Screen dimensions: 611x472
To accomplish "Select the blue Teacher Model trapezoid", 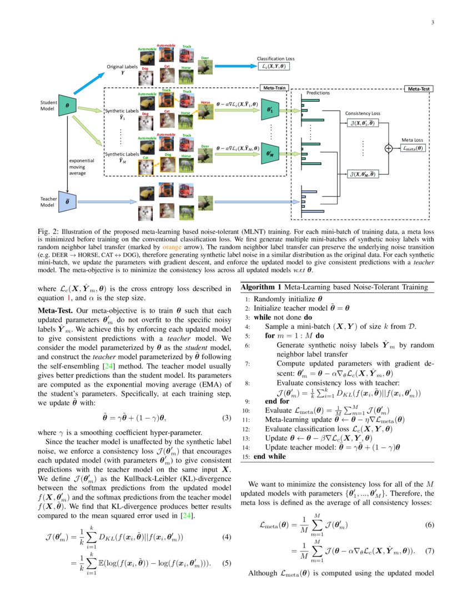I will [67, 201].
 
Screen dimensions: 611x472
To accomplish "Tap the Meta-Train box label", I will [273, 88].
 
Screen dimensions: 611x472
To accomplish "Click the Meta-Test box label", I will [420, 88].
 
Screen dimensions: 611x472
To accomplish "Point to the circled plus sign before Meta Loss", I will [388, 148].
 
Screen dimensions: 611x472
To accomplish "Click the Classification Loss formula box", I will [276, 66].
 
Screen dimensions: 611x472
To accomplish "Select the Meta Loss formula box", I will [412, 148].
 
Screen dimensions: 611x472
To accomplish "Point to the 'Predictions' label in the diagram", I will [318, 93].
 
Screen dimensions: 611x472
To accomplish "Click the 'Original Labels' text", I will [123, 67].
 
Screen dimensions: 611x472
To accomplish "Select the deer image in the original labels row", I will [204, 66].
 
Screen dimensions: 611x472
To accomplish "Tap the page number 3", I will [431, 22].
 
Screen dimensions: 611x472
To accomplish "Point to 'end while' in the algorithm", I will [270, 457].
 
